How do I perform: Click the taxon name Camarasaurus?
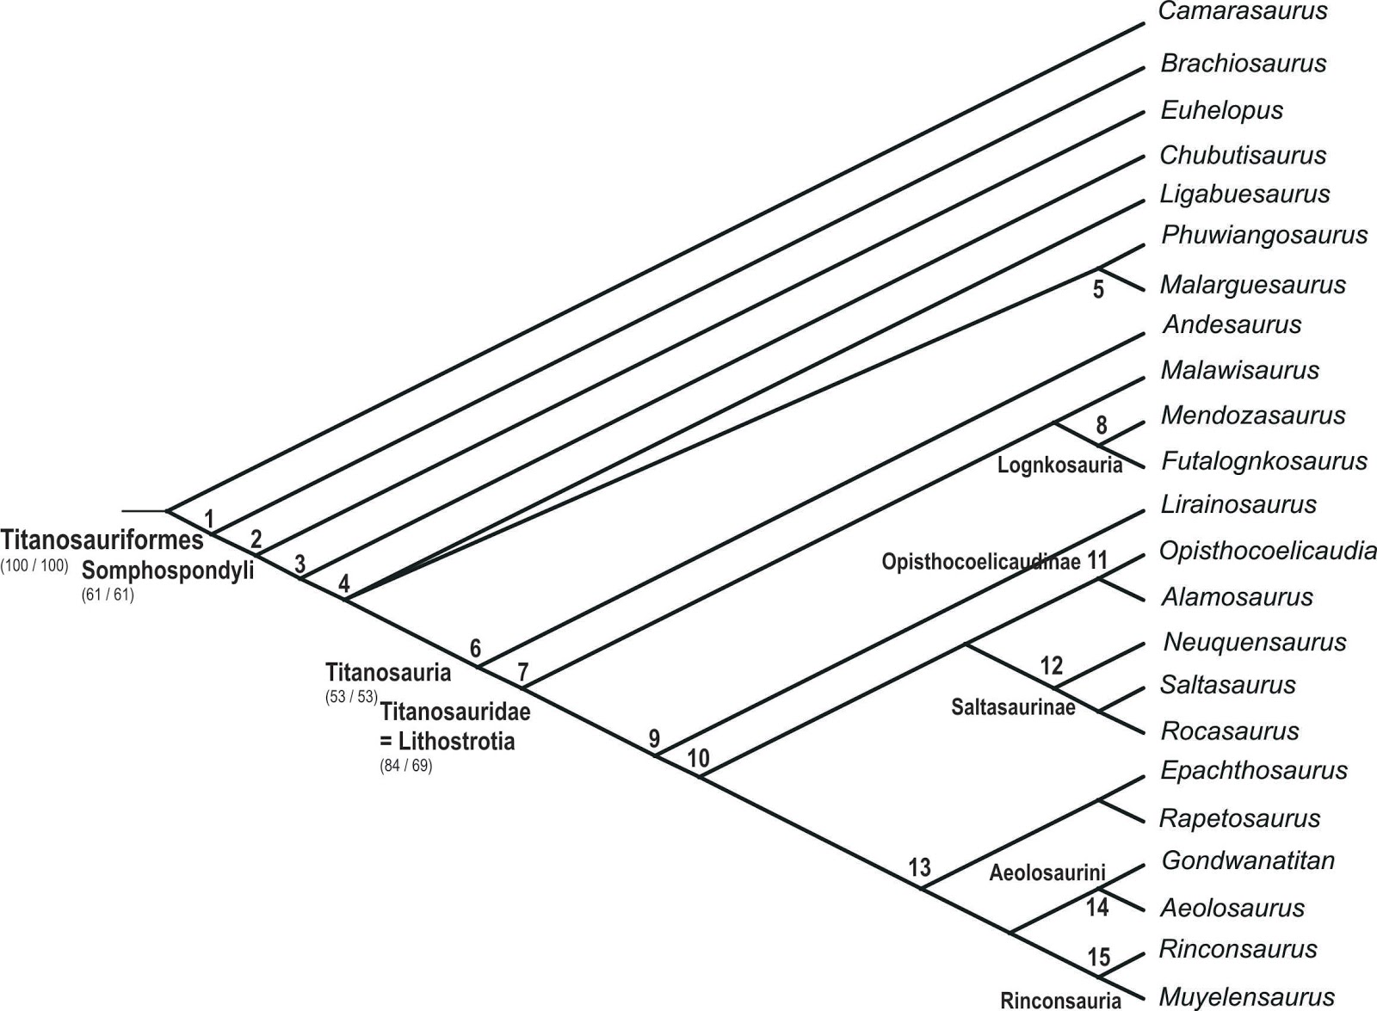click(1243, 12)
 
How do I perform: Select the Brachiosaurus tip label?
click(1243, 64)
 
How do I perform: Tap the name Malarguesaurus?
click(1252, 285)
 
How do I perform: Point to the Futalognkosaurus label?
click(1263, 461)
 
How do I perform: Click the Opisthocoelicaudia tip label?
click(1267, 551)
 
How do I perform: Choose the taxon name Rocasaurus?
click(1229, 731)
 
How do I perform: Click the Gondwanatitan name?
click(1247, 860)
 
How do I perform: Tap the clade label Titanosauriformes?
click(102, 540)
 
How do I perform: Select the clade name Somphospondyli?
click(168, 570)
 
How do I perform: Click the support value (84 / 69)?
click(405, 766)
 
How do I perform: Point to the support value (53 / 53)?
click(351, 697)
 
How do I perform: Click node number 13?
click(919, 867)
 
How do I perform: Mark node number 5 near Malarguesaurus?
click(1098, 289)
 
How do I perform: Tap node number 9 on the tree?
click(654, 738)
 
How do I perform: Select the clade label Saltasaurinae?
click(1013, 707)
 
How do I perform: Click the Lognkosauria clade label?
click(1059, 465)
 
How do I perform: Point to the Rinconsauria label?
click(1060, 1000)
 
